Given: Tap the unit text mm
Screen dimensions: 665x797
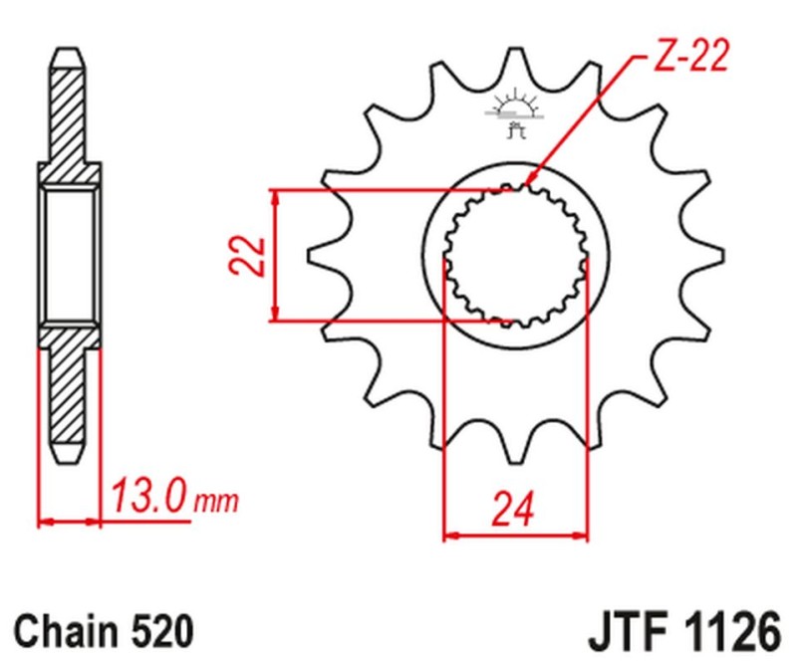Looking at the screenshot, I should pyautogui.click(x=216, y=498).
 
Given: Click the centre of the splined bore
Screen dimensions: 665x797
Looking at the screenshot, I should pyautogui.click(x=515, y=255).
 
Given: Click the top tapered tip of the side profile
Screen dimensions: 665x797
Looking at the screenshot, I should pyautogui.click(x=68, y=56).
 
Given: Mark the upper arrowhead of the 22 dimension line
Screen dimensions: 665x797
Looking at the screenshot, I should pyautogui.click(x=277, y=195).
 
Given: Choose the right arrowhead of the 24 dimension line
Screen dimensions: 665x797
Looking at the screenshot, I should pyautogui.click(x=582, y=536).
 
